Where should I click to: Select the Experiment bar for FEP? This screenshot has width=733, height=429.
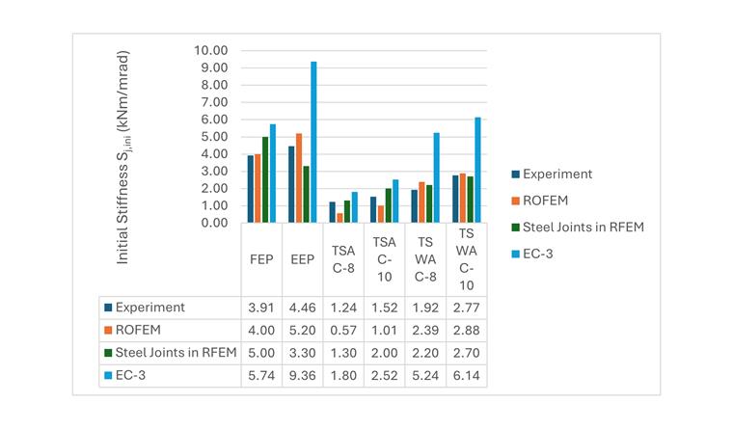[250, 189]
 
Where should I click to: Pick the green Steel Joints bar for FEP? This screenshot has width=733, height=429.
[265, 180]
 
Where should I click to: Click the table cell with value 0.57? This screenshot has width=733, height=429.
[343, 330]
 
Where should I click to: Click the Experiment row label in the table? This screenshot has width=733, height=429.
[149, 308]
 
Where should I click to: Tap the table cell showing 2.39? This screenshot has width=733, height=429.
[425, 330]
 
